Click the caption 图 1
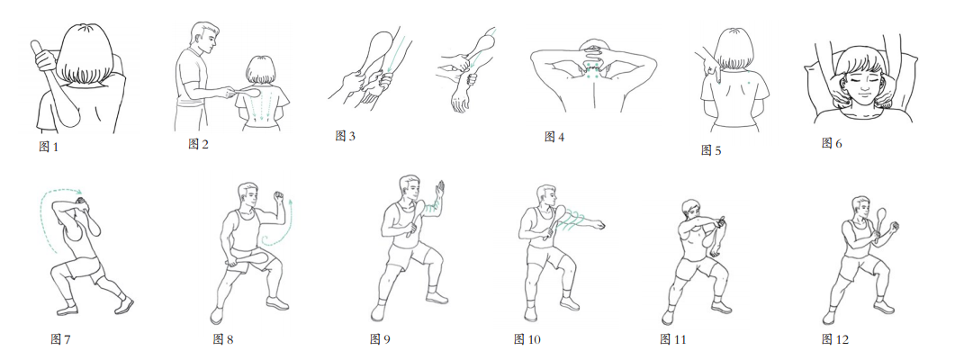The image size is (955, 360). [x=48, y=146]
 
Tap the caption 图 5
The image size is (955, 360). [x=711, y=149]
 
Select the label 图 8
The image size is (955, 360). [x=223, y=339]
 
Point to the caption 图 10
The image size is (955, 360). [x=527, y=339]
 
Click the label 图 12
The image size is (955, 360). [x=834, y=339]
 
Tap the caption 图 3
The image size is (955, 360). [x=345, y=135]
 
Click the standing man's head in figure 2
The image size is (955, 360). [x=204, y=38]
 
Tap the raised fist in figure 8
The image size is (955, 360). [x=279, y=197]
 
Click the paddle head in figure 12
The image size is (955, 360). [x=881, y=217]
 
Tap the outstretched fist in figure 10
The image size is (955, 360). [x=601, y=225]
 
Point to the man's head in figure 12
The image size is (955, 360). [x=860, y=207]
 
